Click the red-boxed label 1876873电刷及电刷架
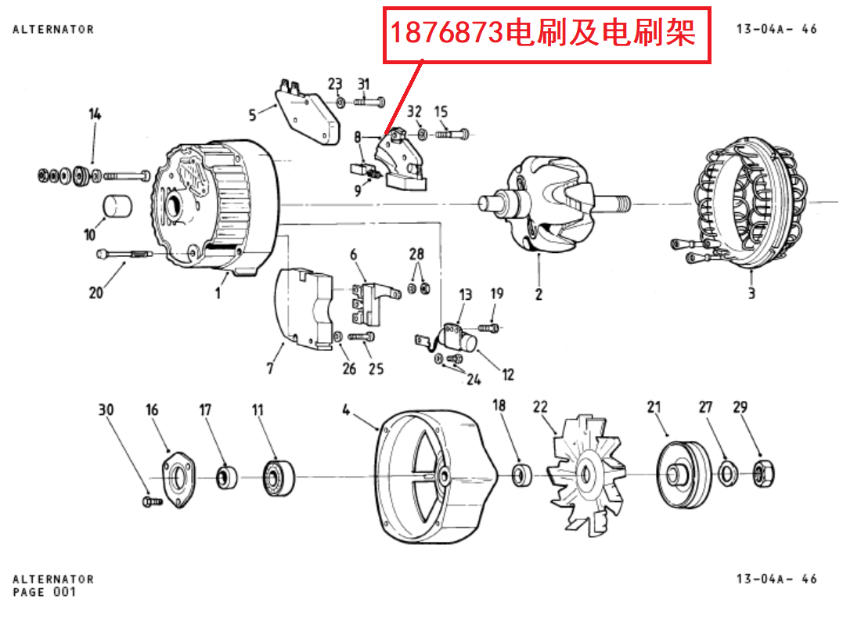546,34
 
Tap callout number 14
95,114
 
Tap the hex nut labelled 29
763,473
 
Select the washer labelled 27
726,473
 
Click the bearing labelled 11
277,475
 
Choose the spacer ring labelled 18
520,474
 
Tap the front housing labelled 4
434,478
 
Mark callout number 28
416,254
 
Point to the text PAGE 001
45,592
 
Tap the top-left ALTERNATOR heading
53,29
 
